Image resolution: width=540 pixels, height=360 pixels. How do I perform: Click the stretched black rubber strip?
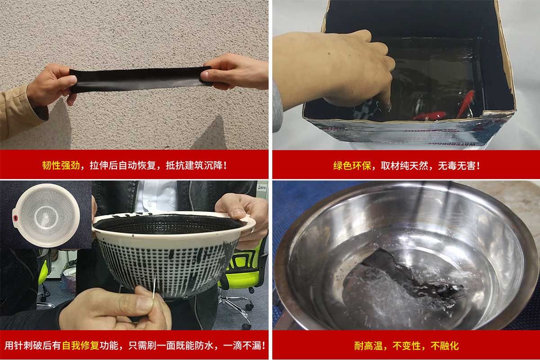pos(139,80)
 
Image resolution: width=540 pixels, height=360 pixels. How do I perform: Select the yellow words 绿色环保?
pos(352,166)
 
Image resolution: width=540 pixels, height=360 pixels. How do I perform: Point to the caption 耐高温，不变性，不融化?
pos(406,346)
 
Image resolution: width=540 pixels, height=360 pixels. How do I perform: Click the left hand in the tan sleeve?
pos(52,85)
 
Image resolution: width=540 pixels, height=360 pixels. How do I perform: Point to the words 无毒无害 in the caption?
pos(459,166)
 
